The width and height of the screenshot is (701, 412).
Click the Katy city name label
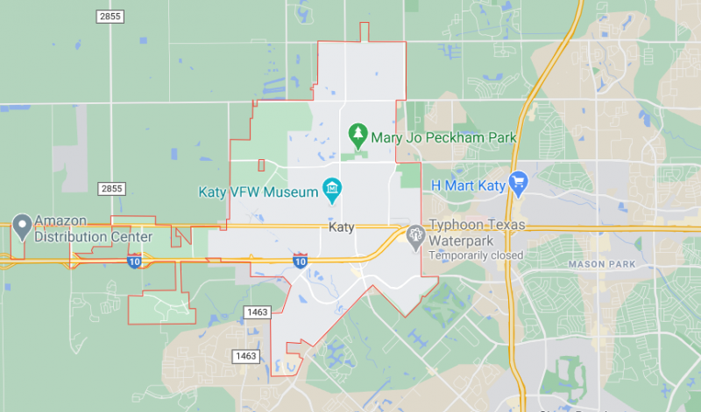pyautogui.click(x=342, y=227)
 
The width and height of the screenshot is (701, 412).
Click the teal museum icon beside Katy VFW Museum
pyautogui.click(x=332, y=187)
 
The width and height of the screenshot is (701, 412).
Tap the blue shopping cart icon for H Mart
pyautogui.click(x=517, y=184)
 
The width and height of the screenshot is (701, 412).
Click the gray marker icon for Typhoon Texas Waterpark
pyautogui.click(x=414, y=234)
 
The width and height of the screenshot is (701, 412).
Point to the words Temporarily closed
pyautogui.click(x=476, y=255)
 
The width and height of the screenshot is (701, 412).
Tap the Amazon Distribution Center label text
pyautogui.click(x=93, y=230)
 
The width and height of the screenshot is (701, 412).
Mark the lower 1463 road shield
pyautogui.click(x=244, y=355)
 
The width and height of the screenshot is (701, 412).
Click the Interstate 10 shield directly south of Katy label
pyautogui.click(x=301, y=261)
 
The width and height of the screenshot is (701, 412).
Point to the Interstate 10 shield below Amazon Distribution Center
pyautogui.click(x=133, y=262)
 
